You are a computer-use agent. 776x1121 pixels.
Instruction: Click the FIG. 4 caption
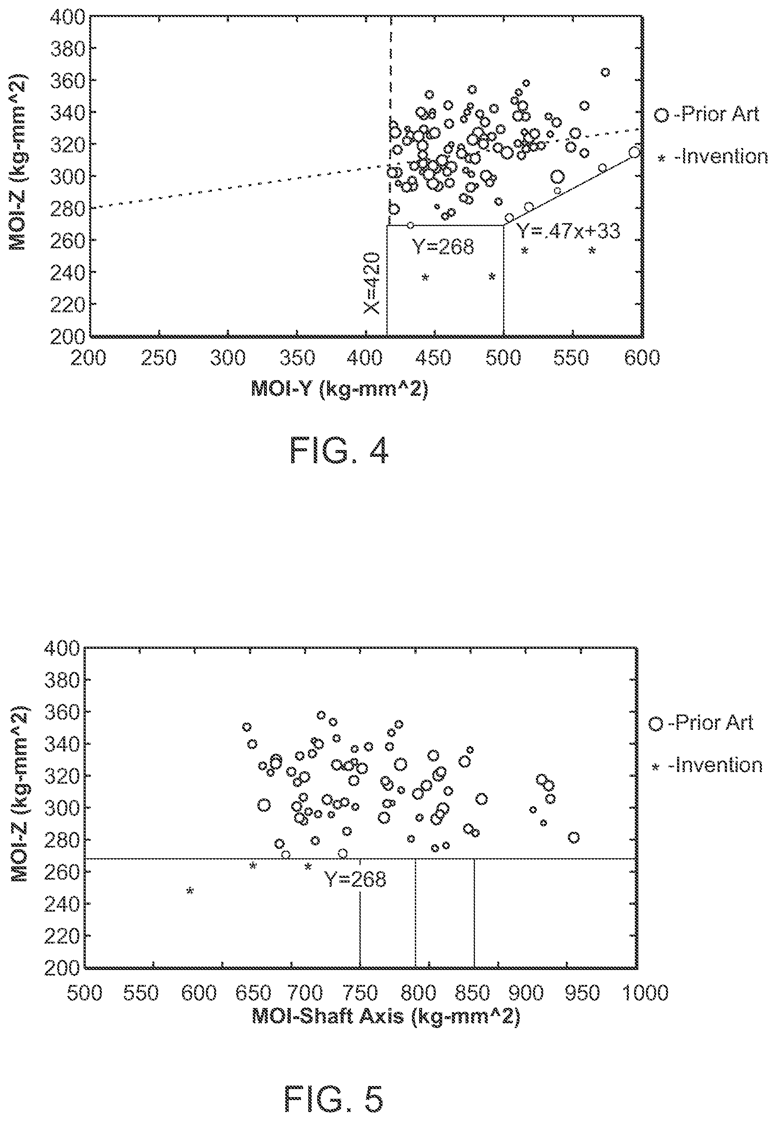[x=339, y=450]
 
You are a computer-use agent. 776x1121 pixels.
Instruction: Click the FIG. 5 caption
[x=333, y=1086]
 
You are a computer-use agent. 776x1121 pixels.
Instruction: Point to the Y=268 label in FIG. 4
[x=443, y=247]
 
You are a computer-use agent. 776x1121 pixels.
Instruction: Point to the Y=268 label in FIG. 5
[x=356, y=879]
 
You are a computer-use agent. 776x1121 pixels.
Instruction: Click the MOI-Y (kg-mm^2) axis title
[x=339, y=389]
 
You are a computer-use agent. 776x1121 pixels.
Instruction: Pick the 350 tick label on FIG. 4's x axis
[x=297, y=358]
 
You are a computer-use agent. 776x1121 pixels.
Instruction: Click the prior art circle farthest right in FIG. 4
[x=634, y=152]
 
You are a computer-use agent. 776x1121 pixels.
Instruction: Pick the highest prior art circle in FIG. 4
[x=605, y=73]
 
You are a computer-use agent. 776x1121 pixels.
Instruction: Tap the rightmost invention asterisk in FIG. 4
[x=592, y=250]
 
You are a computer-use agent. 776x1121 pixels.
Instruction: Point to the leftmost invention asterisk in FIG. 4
[x=425, y=277]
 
